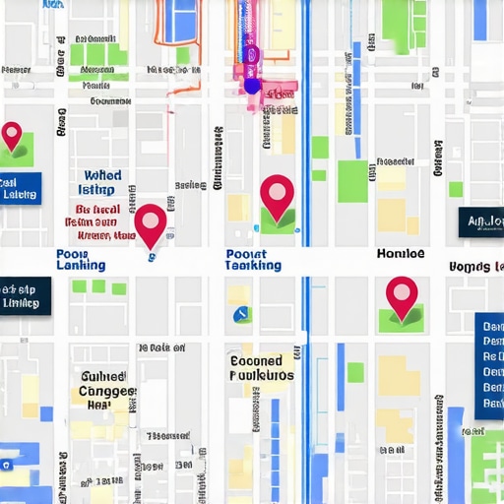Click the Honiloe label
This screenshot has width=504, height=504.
401,253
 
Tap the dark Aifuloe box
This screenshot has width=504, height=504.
481,222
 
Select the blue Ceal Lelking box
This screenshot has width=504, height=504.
20,188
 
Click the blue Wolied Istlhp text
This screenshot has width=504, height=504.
96,182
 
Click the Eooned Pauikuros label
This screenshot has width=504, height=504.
261,368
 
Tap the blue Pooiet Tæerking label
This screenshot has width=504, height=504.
253,259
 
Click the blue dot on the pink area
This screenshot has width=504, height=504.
252,86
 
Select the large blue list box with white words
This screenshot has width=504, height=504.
489,368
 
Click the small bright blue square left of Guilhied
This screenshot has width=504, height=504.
45,413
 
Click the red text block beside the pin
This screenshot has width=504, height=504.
98,222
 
